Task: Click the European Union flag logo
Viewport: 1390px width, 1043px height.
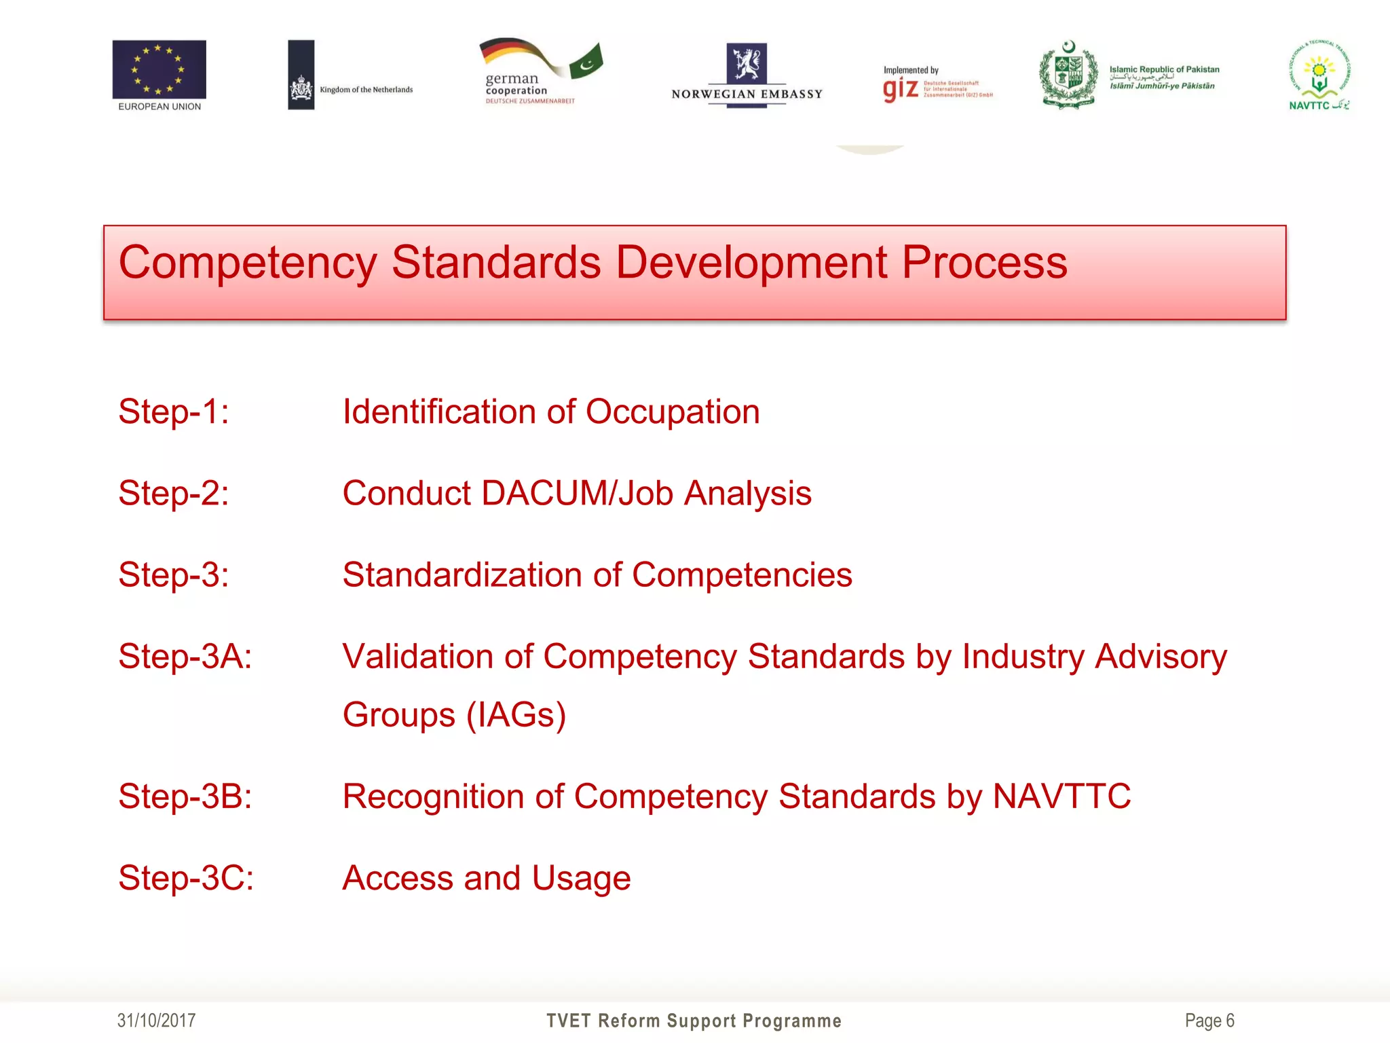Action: point(159,70)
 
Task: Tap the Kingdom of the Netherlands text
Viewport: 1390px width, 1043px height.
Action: point(366,90)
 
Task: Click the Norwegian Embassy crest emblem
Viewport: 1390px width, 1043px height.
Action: point(747,63)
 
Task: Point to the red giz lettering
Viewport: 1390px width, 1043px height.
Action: point(901,89)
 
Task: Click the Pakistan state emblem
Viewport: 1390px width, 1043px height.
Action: point(1068,75)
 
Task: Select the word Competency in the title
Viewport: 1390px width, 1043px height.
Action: point(248,263)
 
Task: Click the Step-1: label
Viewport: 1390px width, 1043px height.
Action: point(174,411)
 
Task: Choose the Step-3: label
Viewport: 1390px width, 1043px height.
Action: point(174,575)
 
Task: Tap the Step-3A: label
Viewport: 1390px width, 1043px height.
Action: point(185,657)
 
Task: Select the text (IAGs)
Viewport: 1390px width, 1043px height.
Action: point(516,715)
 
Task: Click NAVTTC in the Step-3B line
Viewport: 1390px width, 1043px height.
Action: point(1062,797)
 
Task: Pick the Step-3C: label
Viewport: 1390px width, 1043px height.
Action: point(186,878)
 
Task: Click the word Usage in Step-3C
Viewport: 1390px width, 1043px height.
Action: point(581,878)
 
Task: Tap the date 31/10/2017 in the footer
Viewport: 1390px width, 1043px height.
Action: point(156,1021)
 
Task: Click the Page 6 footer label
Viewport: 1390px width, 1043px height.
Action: point(1209,1021)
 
